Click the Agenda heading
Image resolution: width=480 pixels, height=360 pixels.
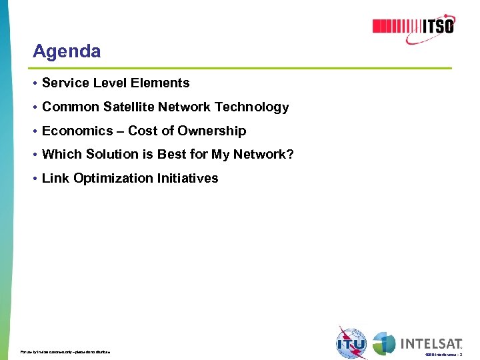tap(67, 51)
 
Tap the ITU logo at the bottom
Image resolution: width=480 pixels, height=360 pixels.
tap(351, 343)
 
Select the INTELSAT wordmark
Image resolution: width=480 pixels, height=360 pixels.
tap(431, 343)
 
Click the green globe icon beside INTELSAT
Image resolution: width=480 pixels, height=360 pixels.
tap(384, 343)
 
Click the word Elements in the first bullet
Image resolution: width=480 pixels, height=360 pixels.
tap(165, 83)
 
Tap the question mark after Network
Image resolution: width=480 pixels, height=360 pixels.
tap(290, 155)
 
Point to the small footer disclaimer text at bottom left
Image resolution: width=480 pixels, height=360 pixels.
tap(65, 351)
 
